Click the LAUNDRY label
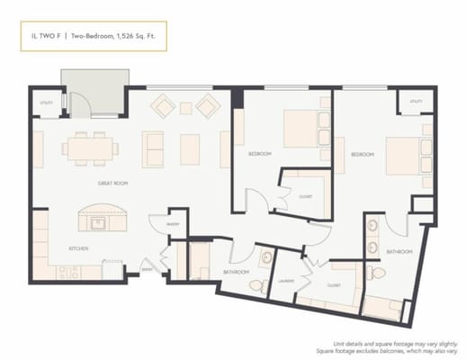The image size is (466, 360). tap(287, 281)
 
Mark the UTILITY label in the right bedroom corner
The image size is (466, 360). tap(416, 102)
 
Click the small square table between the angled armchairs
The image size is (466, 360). tap(186, 108)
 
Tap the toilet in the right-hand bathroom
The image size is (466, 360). tap(378, 272)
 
